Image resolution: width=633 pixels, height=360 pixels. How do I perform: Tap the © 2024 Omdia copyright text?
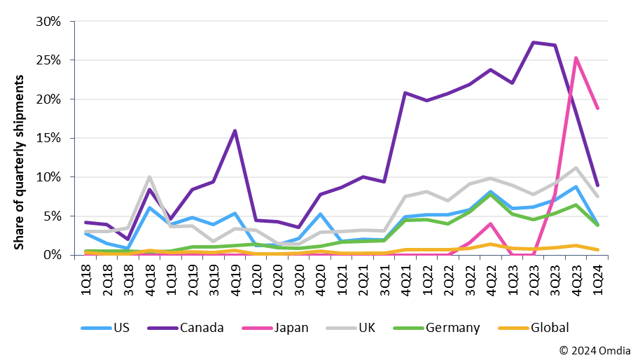[594, 349]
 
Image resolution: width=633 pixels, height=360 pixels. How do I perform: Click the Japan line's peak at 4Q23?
[575, 58]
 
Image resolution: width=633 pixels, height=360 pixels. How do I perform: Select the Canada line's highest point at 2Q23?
[534, 43]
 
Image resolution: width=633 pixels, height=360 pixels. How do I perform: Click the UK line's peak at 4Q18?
[149, 177]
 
